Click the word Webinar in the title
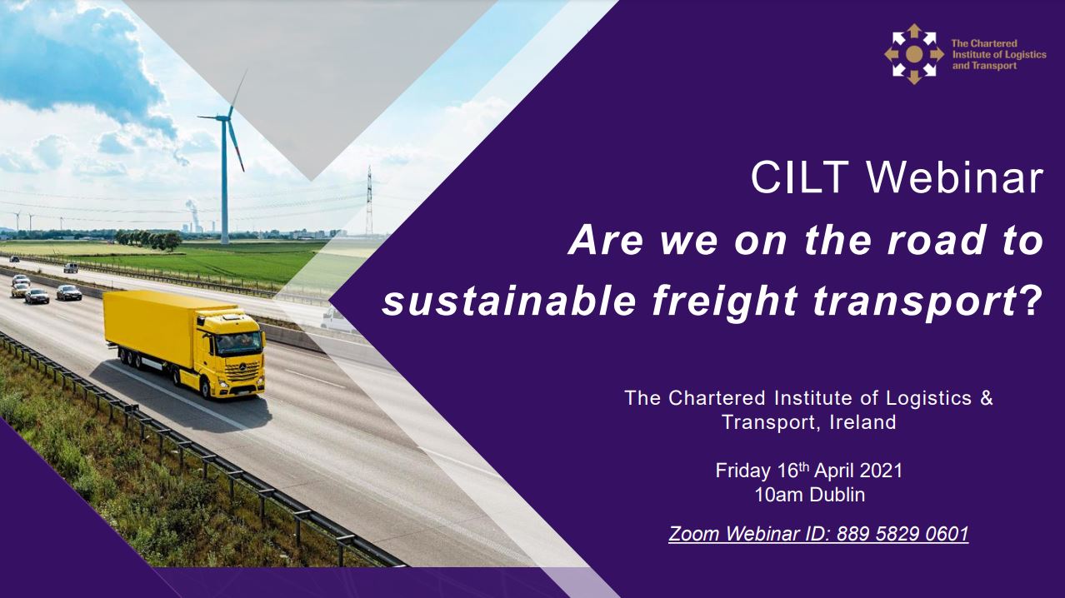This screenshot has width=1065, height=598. (955, 177)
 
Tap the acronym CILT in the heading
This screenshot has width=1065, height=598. (800, 177)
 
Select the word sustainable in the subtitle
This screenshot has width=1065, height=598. (509, 301)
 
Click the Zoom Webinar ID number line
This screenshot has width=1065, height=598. (818, 534)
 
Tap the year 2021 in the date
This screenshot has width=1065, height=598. (881, 471)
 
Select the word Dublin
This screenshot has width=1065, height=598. (837, 495)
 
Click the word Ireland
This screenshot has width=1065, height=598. (862, 422)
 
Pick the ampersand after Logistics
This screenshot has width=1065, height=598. (987, 398)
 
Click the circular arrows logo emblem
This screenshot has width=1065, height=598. (914, 54)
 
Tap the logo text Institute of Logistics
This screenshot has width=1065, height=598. (999, 55)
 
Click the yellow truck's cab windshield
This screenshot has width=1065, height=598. (240, 343)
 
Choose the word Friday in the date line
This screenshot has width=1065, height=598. (743, 471)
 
